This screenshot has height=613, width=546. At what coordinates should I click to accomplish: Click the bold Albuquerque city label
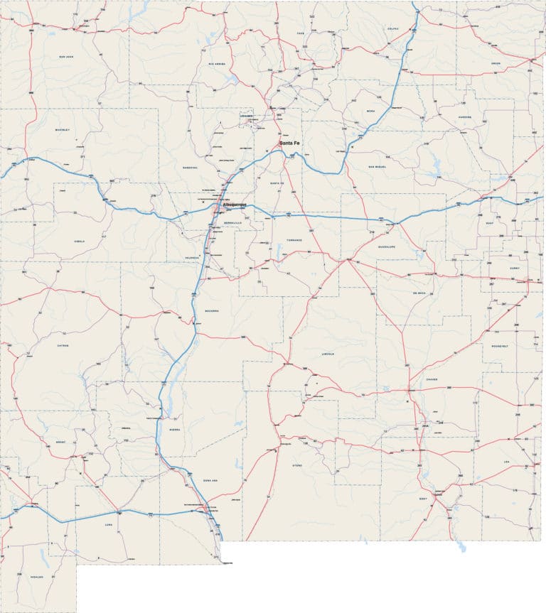[x=235, y=205]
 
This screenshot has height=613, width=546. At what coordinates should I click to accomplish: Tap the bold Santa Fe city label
[x=289, y=143]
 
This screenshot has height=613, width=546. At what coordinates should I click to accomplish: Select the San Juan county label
[x=66, y=56]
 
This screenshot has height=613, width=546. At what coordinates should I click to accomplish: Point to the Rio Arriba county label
[x=216, y=63]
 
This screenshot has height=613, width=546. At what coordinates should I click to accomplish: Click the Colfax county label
[x=393, y=29]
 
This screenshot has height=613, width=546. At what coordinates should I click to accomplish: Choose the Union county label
[x=496, y=63]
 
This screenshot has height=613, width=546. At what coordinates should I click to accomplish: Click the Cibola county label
[x=79, y=241]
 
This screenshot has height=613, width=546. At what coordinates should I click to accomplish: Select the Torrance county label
[x=294, y=240]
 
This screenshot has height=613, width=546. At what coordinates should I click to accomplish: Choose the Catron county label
[x=62, y=345]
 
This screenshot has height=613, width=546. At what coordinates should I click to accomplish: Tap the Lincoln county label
[x=326, y=353]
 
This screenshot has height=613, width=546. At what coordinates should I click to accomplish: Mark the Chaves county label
[x=432, y=379]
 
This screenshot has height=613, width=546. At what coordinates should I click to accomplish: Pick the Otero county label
[x=296, y=465]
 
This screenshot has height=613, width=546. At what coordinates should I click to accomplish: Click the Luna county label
[x=109, y=526]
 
